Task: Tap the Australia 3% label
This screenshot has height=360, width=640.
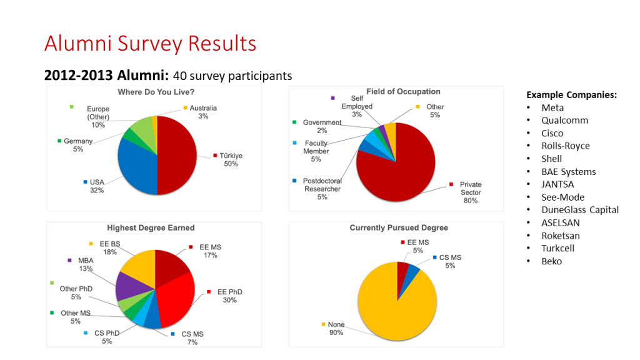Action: (203, 112)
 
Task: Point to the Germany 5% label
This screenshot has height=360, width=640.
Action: (78, 145)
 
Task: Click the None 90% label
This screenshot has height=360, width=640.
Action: (336, 329)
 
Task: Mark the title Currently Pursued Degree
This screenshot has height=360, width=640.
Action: (399, 227)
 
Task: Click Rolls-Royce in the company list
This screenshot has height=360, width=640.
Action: (565, 146)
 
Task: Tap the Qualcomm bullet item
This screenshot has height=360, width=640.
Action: (564, 120)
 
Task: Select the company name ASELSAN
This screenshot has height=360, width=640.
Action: (561, 222)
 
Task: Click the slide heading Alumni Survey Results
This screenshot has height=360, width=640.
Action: (150, 44)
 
